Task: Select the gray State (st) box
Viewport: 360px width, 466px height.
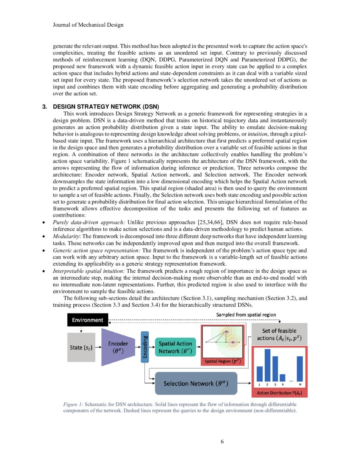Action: [81, 347]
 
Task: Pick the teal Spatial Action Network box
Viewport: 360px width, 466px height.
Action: [175, 347]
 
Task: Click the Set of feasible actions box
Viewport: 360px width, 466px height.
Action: [279, 334]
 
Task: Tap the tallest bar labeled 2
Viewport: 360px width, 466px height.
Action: [267, 365]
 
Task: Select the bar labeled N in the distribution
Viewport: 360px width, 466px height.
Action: [300, 368]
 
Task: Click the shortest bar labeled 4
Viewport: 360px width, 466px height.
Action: [282, 377]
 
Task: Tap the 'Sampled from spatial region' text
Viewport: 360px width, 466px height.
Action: [246, 315]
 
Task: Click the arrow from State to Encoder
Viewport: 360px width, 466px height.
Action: [98, 347]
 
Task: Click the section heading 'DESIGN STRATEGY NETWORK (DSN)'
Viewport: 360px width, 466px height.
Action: [105, 106]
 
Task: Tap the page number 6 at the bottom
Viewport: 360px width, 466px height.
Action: [222, 441]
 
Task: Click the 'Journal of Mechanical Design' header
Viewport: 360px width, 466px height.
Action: [88, 25]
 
